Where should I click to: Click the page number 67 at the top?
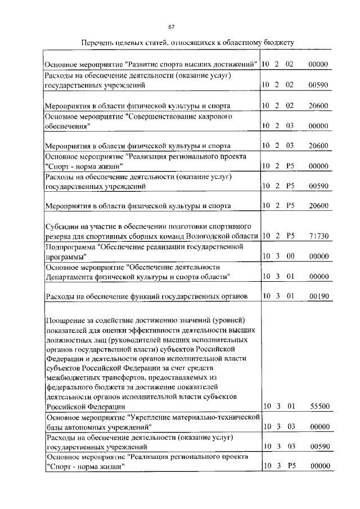tap(172, 26)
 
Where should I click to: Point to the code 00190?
tap(318, 296)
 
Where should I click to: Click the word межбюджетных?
tap(71, 378)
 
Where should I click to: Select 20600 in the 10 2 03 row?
tap(318, 145)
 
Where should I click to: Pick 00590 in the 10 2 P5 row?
tap(318, 186)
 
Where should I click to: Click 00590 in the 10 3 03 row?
tap(318, 447)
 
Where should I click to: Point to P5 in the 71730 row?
tap(290, 236)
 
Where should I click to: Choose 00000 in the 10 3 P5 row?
tap(318, 466)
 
